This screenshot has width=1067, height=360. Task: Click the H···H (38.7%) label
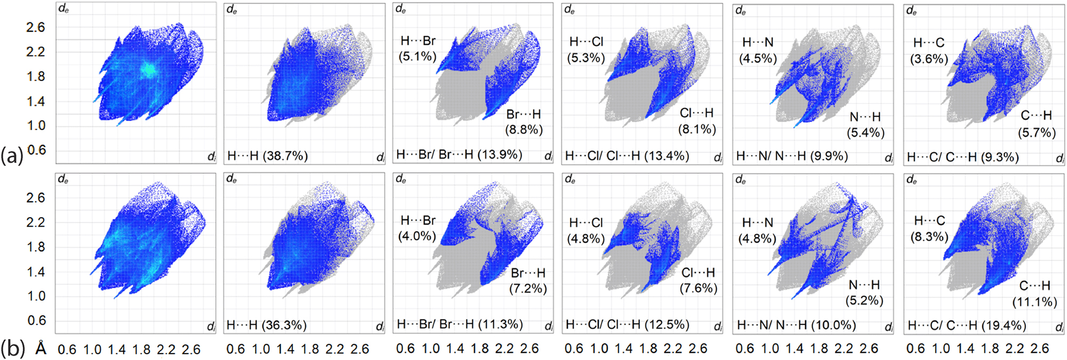click(x=267, y=156)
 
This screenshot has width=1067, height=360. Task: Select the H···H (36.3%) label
click(x=266, y=325)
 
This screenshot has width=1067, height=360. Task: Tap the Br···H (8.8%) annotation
click(x=524, y=122)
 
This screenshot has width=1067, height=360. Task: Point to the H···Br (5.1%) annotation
click(x=418, y=49)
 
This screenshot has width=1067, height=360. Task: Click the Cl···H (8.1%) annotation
click(x=696, y=121)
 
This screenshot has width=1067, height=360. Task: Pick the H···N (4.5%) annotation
click(x=758, y=50)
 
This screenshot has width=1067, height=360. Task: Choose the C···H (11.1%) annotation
click(x=1034, y=294)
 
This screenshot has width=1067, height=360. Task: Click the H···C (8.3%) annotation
click(x=929, y=228)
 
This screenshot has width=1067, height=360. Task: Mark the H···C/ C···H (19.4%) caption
click(x=966, y=325)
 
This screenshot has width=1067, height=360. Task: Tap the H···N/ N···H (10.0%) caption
click(x=796, y=325)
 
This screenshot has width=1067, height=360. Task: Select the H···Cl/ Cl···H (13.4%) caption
click(x=627, y=156)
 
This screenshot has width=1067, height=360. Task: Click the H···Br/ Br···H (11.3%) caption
click(x=460, y=324)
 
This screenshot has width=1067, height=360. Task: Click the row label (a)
click(x=12, y=155)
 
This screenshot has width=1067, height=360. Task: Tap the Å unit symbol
click(x=41, y=349)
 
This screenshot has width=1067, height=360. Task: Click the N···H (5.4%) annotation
click(x=865, y=125)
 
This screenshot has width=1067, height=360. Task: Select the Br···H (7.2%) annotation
click(x=528, y=281)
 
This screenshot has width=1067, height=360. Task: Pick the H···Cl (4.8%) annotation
click(x=585, y=230)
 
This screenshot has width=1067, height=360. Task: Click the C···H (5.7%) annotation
click(x=1036, y=124)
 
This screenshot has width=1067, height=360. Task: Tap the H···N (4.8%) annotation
click(x=757, y=230)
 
